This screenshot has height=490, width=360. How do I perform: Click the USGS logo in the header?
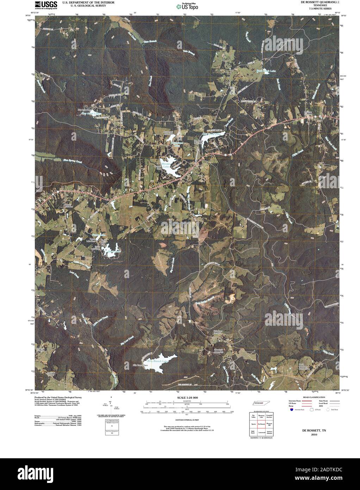pyautogui.click(x=43, y=4)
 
